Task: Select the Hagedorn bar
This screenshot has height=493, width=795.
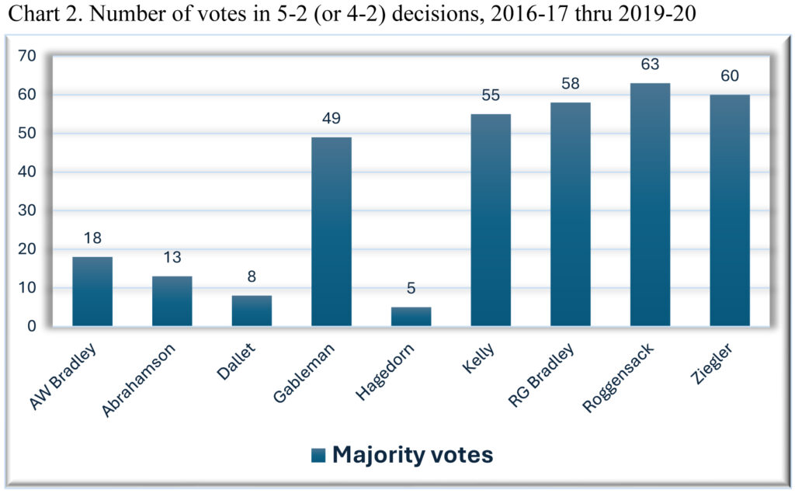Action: [x=411, y=317]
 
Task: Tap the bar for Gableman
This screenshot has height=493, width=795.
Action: [x=331, y=231]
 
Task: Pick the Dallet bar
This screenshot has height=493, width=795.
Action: [x=252, y=311]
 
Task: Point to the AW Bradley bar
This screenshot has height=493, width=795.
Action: [x=92, y=291]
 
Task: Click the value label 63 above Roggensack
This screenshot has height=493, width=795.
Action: [x=650, y=64]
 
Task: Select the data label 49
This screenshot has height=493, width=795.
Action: [x=331, y=119]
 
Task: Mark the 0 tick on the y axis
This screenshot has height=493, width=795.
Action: [x=32, y=327]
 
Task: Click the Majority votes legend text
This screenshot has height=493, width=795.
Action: [x=412, y=454]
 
